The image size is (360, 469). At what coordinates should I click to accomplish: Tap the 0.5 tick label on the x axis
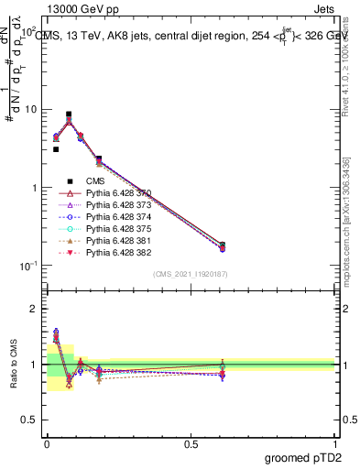click(191, 442)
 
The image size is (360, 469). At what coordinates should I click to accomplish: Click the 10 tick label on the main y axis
click(29, 110)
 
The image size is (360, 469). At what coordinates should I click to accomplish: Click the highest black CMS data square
click(69, 115)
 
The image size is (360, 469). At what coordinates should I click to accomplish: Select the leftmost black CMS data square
click(56, 149)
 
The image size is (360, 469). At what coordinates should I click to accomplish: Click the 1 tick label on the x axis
click(336, 442)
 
